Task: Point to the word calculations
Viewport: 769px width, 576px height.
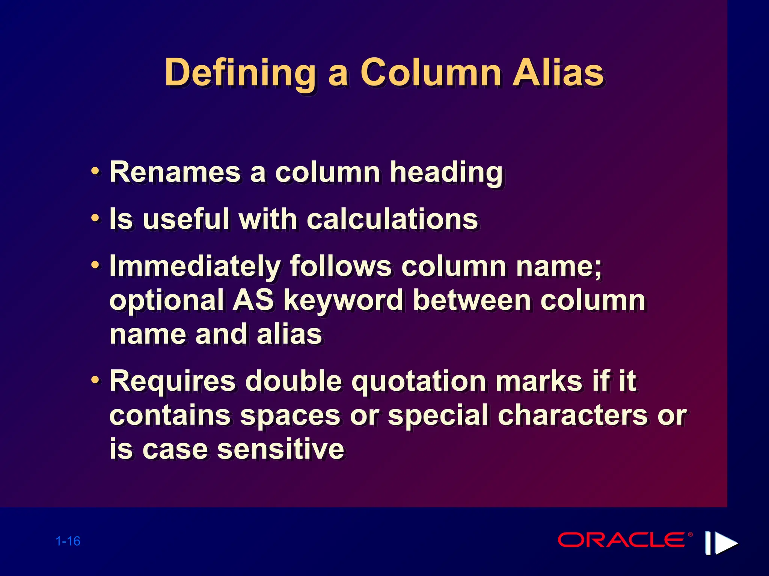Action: pyautogui.click(x=392, y=219)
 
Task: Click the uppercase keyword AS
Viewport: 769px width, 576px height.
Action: pyautogui.click(x=253, y=300)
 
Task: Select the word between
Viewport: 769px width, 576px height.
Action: pyautogui.click(x=472, y=300)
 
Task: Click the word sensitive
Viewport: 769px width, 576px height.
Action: pyautogui.click(x=280, y=449)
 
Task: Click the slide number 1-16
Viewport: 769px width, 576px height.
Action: pyautogui.click(x=68, y=541)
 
